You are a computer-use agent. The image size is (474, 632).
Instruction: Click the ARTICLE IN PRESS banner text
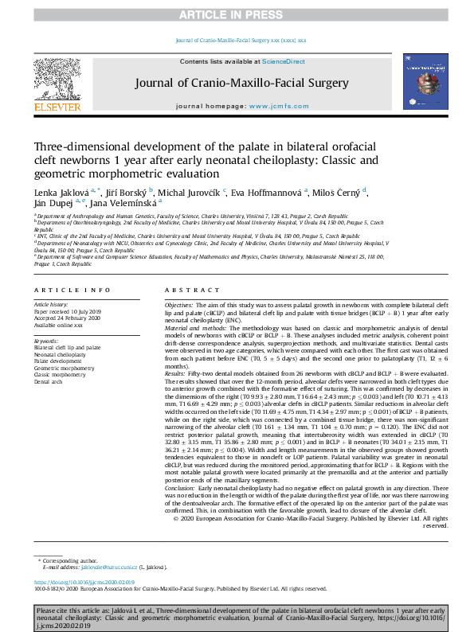(x=237, y=15)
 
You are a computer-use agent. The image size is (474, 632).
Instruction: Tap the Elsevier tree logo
(x=57, y=78)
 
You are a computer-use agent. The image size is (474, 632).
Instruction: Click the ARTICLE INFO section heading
(x=72, y=290)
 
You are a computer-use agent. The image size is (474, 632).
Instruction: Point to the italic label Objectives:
(x=178, y=306)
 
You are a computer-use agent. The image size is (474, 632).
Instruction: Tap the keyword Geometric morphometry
(x=68, y=368)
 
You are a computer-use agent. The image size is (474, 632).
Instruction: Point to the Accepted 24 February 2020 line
(x=66, y=317)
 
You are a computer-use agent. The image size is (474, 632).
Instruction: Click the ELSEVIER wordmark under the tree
(x=57, y=107)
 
